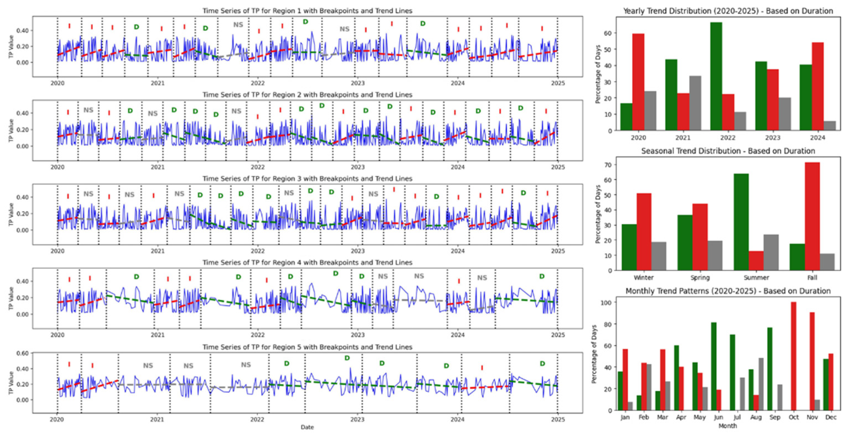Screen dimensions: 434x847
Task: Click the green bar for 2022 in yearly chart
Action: click(x=716, y=76)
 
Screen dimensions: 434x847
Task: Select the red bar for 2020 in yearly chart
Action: click(x=638, y=82)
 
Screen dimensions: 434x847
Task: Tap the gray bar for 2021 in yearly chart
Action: click(x=695, y=103)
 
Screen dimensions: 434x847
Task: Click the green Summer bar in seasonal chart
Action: click(x=741, y=222)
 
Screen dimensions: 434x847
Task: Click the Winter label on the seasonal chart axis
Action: click(x=643, y=278)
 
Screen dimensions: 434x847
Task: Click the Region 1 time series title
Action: click(x=307, y=11)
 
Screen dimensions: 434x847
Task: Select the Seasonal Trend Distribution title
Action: click(x=728, y=151)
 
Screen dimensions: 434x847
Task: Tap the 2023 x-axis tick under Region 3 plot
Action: click(x=358, y=251)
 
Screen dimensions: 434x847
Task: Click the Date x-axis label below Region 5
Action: click(x=307, y=427)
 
